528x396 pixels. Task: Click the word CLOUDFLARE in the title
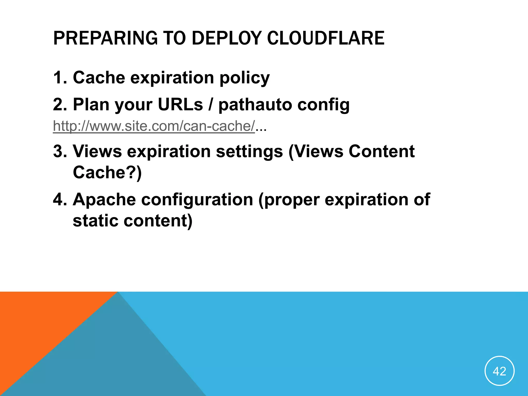point(325,38)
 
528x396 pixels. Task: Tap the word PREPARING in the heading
point(105,38)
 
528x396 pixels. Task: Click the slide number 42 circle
point(499,371)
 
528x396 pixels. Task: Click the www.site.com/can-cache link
point(154,126)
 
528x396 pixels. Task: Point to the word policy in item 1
point(244,78)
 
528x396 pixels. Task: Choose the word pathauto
point(255,105)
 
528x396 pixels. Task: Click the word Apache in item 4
point(104,200)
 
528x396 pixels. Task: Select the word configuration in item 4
point(197,200)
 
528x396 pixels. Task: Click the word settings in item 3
point(249,152)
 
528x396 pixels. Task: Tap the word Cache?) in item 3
point(107,172)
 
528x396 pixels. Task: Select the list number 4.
point(59,200)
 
